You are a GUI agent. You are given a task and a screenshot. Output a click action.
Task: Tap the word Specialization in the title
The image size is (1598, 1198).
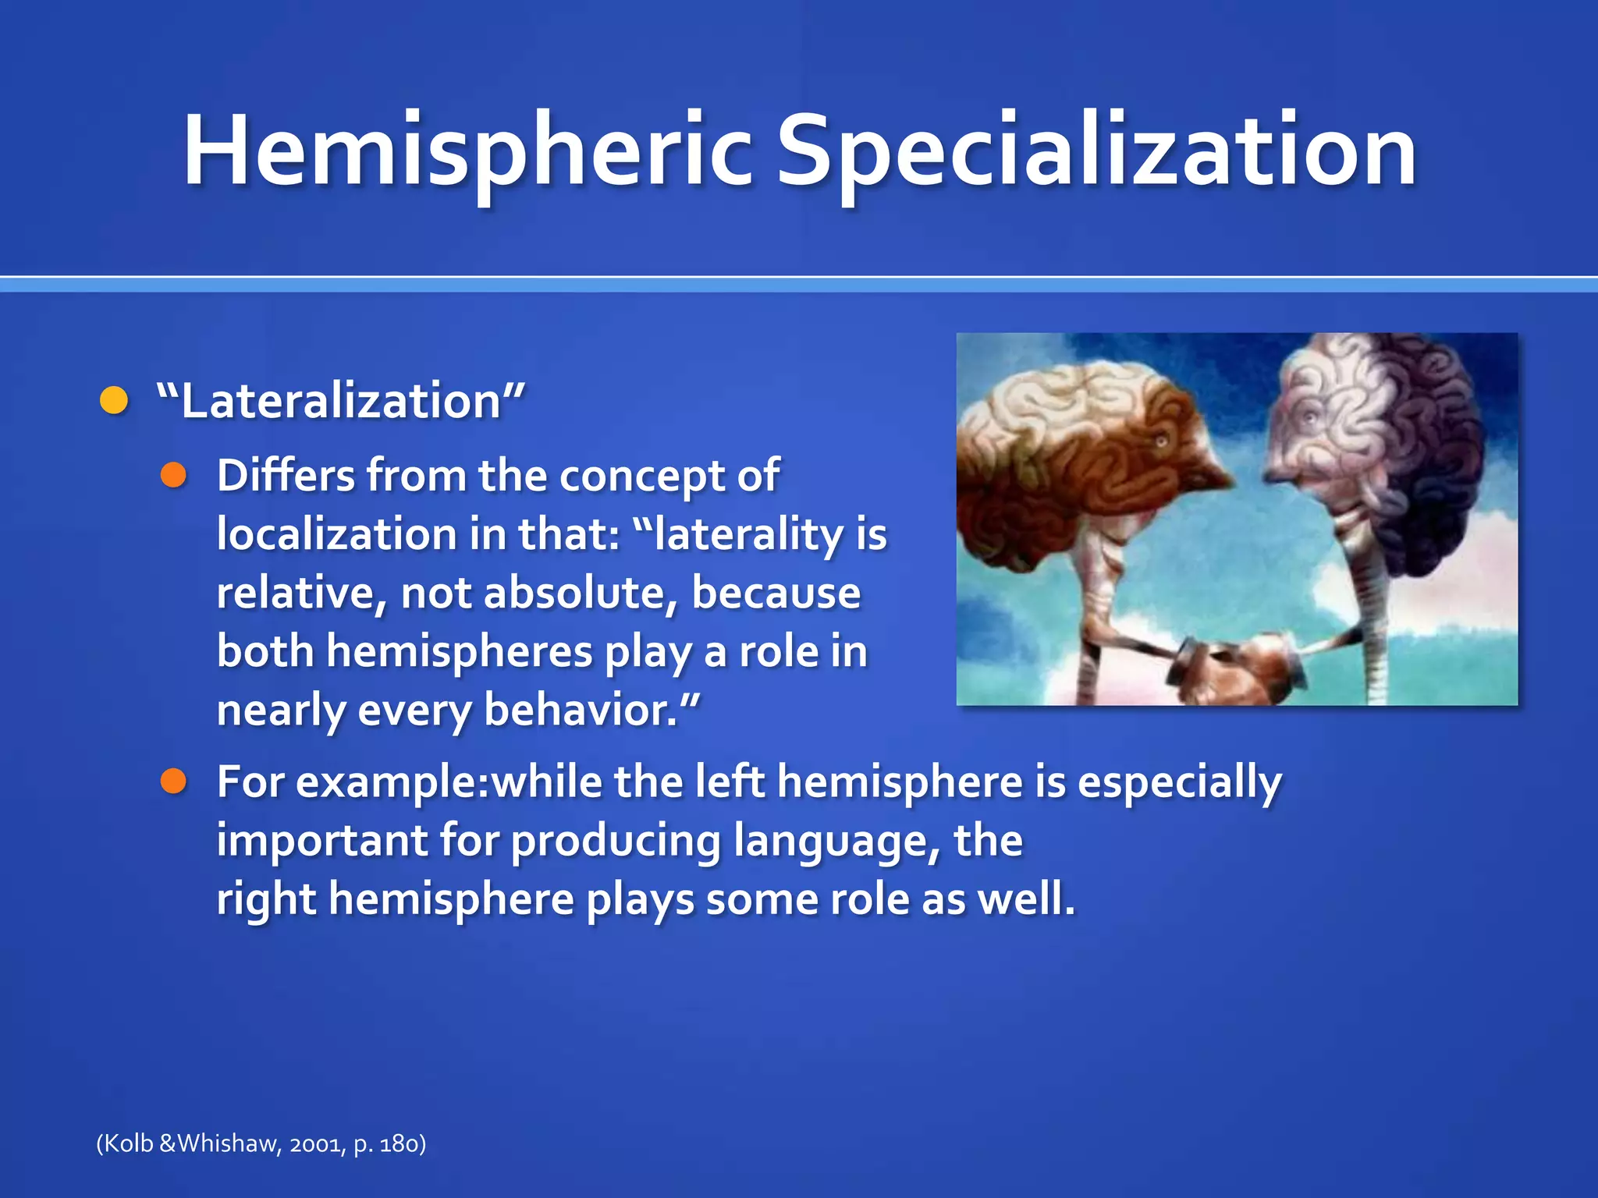point(1096,152)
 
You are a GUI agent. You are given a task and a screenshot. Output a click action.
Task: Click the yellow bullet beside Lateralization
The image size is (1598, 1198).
point(114,401)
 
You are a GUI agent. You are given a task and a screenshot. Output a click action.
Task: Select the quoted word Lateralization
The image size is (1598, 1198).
point(340,401)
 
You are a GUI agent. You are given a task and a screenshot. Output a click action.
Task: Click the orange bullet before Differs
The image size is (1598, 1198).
point(173,475)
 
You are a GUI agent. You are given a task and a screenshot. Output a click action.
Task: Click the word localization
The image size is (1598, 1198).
point(336,534)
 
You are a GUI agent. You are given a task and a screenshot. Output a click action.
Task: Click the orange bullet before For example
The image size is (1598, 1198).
point(173,781)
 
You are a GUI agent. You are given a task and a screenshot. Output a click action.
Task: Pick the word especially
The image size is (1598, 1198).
point(1179,782)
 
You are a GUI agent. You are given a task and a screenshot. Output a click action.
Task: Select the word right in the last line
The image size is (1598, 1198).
point(266,899)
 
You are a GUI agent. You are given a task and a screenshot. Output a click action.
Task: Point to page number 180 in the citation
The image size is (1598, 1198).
point(399,1144)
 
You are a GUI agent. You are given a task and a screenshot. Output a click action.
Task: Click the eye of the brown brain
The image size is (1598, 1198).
point(1161,442)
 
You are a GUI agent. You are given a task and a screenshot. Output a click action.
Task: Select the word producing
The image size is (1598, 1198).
point(616,841)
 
